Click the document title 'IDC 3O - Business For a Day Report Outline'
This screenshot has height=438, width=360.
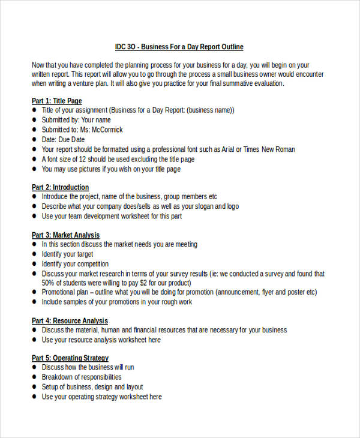coord(179,47)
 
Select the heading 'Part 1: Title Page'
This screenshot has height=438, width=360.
coord(56,101)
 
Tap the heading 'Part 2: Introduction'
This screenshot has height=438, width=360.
coord(60,187)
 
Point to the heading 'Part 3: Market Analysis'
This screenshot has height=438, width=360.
coord(65,235)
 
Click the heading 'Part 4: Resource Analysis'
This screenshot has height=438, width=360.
coord(70,320)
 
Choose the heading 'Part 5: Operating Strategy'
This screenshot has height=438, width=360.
coord(70,358)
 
